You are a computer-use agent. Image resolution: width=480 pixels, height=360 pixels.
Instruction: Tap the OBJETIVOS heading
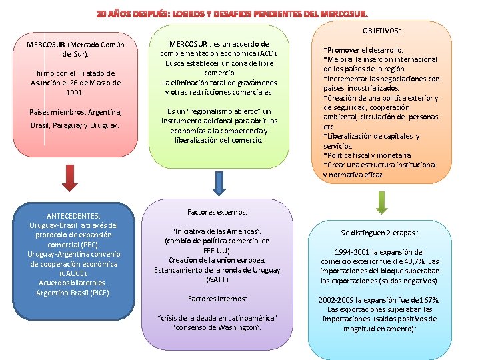coord(382,31)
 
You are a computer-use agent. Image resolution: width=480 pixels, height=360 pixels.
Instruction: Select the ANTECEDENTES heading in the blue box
coord(73,215)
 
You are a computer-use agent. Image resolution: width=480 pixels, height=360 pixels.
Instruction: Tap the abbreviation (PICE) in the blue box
coord(99,293)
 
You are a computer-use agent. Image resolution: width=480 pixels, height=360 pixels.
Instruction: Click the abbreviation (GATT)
coord(217,279)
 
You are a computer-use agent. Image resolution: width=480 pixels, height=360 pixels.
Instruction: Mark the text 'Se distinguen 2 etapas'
coord(379,233)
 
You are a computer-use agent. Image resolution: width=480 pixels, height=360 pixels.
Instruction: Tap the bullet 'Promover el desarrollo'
coord(364,50)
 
